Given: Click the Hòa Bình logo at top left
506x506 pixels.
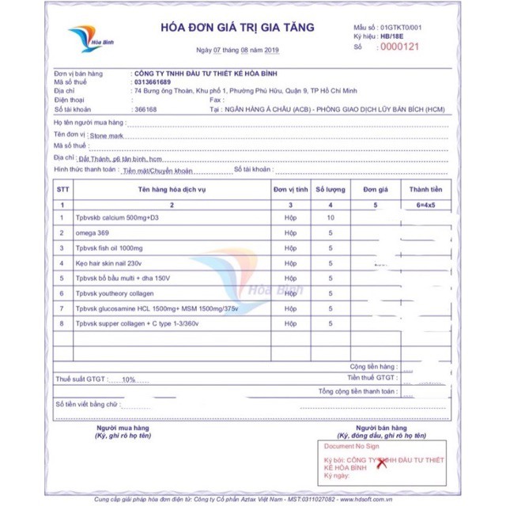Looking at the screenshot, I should point(86,39).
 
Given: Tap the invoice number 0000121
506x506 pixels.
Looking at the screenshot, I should point(398,47).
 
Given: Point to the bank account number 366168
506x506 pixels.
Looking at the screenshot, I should point(147,109).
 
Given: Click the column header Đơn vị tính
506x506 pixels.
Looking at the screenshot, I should point(289,190).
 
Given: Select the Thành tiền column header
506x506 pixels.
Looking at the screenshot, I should point(425,190).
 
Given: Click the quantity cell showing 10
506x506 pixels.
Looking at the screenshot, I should point(330,217).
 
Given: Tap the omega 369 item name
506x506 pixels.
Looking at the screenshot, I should point(93,232).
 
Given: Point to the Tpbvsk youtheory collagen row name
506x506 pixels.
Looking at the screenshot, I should point(115,293).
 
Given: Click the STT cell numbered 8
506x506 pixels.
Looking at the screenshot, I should point(62,323).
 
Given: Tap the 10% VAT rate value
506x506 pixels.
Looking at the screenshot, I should point(129,379).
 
